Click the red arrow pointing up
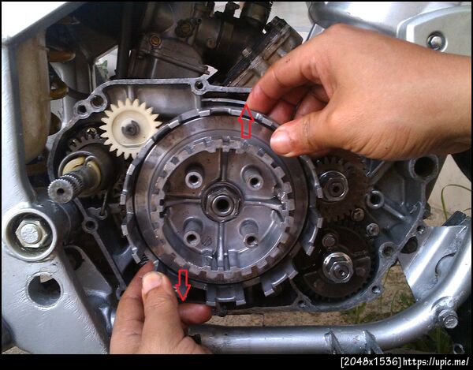246,121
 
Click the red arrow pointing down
184,285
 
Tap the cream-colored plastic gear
130,128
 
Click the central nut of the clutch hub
222,203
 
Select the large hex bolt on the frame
30,234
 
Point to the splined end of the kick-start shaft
61,191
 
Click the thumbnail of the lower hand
151,282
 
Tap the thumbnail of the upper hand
281,141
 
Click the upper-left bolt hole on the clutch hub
194,179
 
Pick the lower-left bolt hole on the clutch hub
192,237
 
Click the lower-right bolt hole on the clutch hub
251,240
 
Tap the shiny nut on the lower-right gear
337,267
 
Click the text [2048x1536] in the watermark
371,361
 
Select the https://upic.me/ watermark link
437,361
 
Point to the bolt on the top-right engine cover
436,41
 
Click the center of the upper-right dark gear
334,187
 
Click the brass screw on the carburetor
155,40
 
